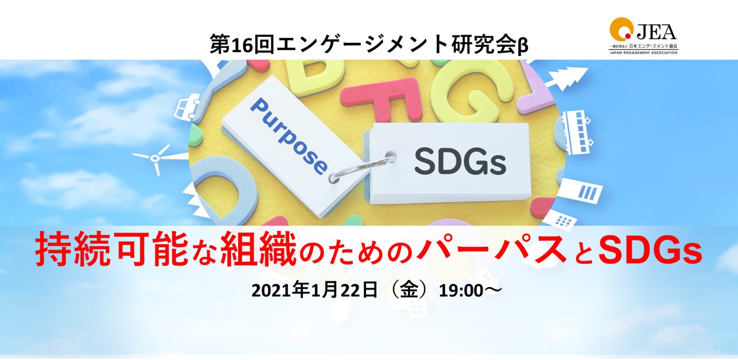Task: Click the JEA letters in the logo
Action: tap(656, 32)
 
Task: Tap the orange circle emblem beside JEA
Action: tap(621, 29)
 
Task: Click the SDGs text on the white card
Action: tap(460, 162)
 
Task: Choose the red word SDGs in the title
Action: tap(650, 251)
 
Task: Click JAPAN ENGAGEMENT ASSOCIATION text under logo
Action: tap(643, 52)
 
